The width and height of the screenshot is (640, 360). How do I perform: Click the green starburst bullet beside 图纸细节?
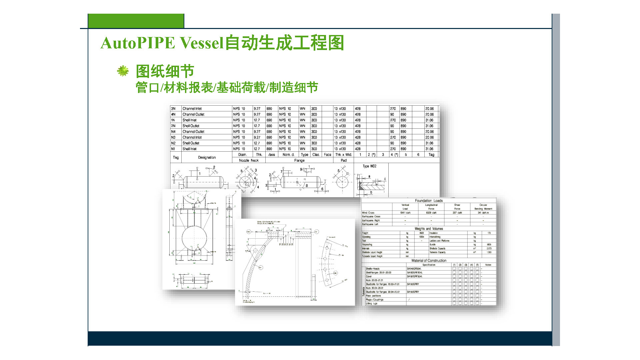pos(123,71)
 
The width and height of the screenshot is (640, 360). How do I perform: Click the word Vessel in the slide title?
pos(201,43)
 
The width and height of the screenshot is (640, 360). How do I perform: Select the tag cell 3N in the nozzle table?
pos(173,109)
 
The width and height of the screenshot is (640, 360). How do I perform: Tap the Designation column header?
pos(207,157)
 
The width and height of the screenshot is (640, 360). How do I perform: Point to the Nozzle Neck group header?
pos(249,160)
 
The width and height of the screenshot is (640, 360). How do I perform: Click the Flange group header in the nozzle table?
pos(299,160)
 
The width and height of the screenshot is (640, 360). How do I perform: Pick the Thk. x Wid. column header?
pos(343,155)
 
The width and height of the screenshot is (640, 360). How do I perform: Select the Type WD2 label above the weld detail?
pos(369,166)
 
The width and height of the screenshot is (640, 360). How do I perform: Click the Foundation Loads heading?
pos(429,201)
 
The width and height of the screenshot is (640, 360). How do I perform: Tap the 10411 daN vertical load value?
pos(405,213)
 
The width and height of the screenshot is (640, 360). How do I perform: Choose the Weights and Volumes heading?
pos(429,229)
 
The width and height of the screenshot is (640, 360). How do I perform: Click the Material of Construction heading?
pos(429,261)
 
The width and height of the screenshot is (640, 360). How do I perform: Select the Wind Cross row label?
pos(368,213)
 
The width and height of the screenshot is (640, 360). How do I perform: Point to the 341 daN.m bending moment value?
pos(483,213)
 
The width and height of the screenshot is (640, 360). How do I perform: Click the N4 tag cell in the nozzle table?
pos(173,132)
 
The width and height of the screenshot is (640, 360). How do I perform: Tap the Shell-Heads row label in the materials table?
pos(373,269)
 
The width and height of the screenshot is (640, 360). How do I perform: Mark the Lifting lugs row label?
pos(371,304)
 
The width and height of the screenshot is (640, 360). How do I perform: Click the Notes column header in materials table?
pos(488,265)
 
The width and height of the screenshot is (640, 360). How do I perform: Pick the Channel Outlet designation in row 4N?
pos(193,114)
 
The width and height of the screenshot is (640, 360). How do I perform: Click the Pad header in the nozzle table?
pos(343,160)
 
